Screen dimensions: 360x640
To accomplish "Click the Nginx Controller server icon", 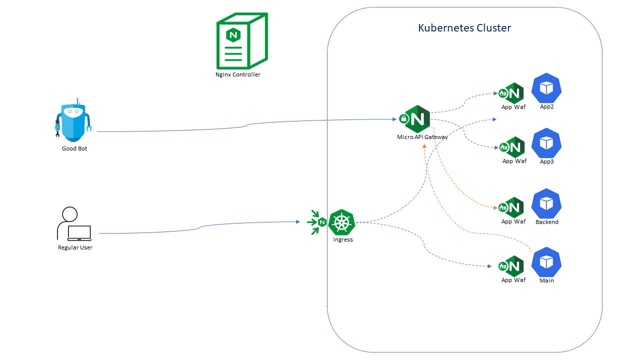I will coord(241,41).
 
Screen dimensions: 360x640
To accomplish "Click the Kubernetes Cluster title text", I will coord(464,28).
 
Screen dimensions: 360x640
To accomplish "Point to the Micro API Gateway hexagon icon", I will coord(417,119).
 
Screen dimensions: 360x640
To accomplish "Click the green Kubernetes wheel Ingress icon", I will coord(342,222).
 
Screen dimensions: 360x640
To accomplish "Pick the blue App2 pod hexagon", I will coord(546,88).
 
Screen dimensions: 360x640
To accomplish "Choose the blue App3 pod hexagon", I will coord(546,143).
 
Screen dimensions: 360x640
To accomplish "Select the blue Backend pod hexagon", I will coord(546,203).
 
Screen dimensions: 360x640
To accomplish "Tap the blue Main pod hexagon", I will coord(546,262).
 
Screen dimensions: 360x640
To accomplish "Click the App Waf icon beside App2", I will coord(511,93).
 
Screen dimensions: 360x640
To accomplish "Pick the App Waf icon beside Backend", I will coord(511,207).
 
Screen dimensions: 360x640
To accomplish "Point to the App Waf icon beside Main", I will coord(511,266).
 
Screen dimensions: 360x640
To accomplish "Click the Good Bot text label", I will coord(74,148).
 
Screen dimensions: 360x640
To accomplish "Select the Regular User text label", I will coord(75,247).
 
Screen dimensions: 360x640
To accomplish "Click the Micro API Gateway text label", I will coord(422,137).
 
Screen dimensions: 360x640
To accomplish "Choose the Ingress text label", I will coord(343,239).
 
